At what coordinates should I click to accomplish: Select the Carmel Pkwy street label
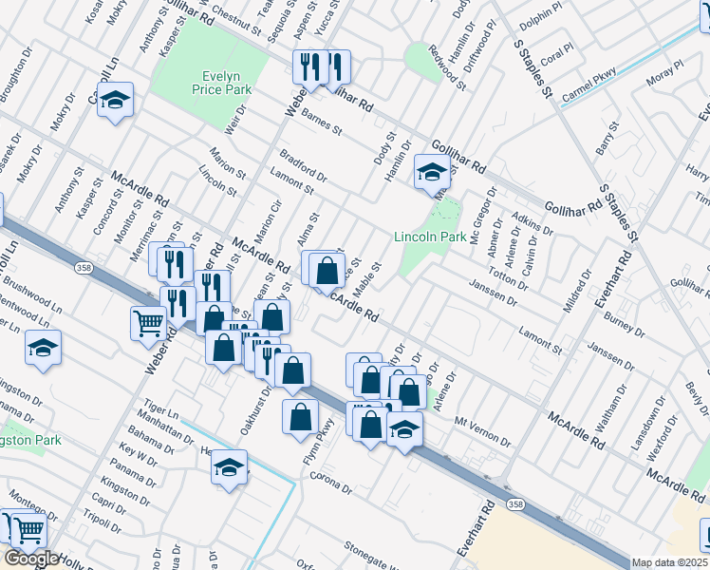(x=589, y=84)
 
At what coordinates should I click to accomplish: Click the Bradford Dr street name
(x=303, y=165)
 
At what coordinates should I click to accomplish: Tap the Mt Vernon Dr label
(x=483, y=430)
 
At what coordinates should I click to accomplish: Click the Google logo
(x=31, y=560)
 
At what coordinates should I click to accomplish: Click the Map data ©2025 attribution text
(x=670, y=562)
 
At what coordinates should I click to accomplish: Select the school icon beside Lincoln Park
(x=431, y=174)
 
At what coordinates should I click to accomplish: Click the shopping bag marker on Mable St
(x=327, y=271)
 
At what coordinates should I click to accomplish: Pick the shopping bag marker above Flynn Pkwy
(x=300, y=417)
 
